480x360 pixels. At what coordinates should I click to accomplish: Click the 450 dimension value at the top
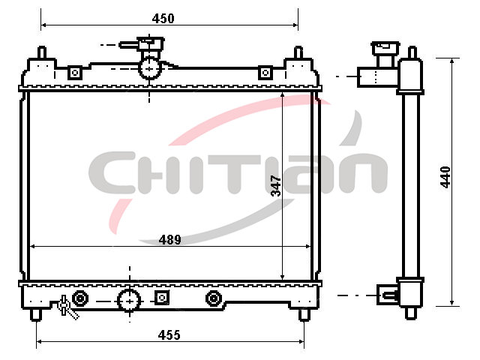tap(163, 19)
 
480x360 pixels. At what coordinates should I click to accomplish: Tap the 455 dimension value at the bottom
tap(169, 335)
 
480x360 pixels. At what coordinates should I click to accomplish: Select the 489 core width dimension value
tap(170, 240)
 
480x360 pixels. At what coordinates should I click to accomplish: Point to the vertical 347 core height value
tap(276, 185)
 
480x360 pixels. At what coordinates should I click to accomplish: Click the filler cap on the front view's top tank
tap(150, 43)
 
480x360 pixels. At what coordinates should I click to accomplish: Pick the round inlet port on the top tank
tap(149, 68)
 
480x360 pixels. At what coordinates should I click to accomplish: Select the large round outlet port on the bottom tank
tap(130, 301)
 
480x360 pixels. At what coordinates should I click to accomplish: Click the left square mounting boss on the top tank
tap(75, 73)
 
